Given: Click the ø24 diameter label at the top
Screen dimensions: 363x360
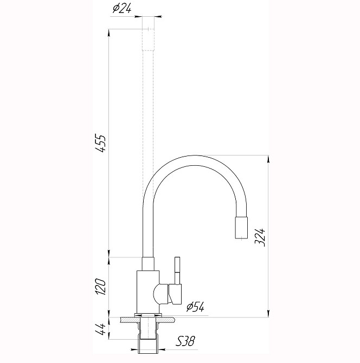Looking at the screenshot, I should pos(123,8).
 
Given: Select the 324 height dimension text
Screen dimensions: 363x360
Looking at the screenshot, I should pos(260,237).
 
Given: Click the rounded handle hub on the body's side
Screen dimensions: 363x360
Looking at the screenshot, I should pos(160,294).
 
